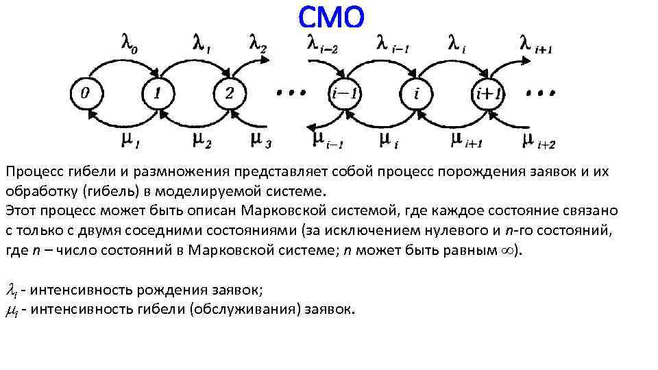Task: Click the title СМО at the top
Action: point(331,17)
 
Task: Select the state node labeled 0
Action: point(85,93)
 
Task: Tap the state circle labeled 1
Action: point(158,93)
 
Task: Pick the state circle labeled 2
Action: point(230,93)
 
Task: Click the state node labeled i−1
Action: point(344,93)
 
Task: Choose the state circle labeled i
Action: point(415,93)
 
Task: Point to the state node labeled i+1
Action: point(487,93)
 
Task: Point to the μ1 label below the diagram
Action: point(130,140)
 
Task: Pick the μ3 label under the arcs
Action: point(260,141)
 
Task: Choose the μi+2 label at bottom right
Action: point(538,141)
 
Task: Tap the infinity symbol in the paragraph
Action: point(508,251)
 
